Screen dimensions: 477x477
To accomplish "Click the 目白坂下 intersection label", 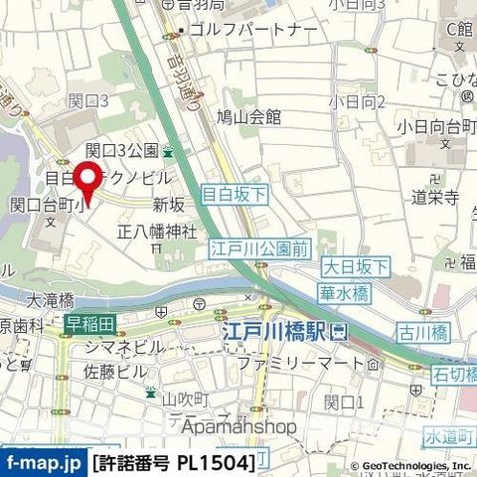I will (x=234, y=196).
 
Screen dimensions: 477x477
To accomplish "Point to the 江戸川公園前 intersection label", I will (x=246, y=249).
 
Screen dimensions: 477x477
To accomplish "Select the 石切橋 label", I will (x=455, y=373).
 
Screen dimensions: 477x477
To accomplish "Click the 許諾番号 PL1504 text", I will (x=173, y=462).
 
